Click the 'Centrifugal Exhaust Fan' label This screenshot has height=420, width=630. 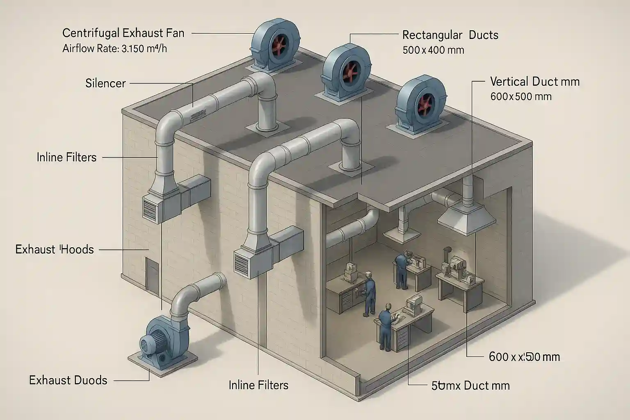123,33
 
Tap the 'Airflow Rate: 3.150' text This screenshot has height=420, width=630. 115,49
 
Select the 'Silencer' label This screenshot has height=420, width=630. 105,84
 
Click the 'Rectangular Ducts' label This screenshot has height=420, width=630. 450,35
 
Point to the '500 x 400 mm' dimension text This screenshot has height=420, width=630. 433,50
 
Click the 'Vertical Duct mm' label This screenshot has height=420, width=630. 535,82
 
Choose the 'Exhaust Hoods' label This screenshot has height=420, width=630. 55,249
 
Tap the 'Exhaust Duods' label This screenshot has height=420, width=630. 68,381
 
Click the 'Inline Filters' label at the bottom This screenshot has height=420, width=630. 258,385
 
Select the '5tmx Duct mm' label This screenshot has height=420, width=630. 471,386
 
